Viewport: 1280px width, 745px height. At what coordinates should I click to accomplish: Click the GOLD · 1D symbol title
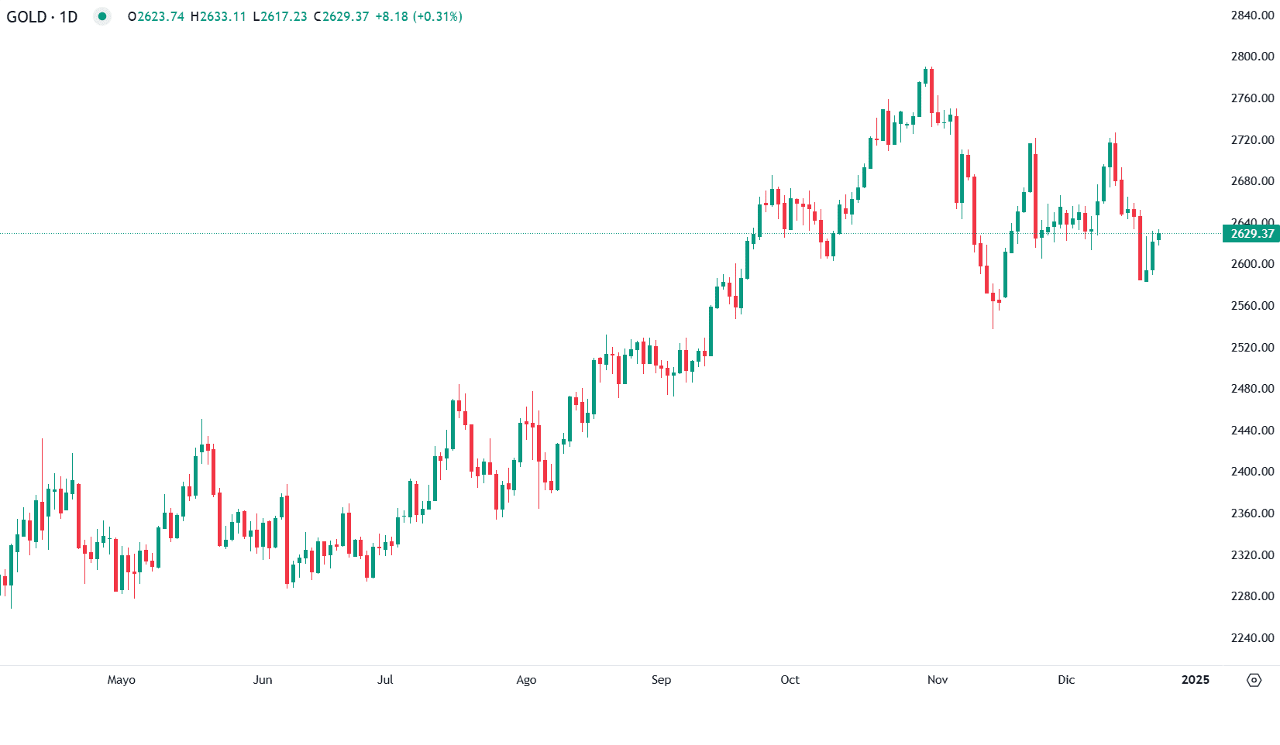pos(42,16)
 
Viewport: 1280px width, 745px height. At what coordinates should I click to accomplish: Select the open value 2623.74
pos(160,16)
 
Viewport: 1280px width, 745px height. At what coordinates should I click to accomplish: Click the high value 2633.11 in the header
pos(222,16)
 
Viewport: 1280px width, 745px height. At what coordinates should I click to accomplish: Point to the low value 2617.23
pos(284,16)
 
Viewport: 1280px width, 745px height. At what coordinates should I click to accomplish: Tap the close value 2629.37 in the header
pos(345,16)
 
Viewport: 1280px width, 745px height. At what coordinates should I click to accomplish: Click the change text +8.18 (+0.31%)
pos(418,16)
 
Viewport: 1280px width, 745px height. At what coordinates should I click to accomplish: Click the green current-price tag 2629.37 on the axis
pos(1251,234)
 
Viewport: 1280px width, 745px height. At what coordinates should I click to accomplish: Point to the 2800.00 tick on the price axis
pos(1252,57)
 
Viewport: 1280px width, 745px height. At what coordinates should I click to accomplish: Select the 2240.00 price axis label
pos(1252,638)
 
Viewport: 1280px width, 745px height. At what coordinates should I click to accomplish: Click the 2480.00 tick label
pos(1252,389)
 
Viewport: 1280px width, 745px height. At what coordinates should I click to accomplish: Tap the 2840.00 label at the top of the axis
pos(1252,15)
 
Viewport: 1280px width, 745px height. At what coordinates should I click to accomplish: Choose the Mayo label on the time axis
pos(122,680)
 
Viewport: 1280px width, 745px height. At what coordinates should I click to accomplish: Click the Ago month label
pos(526,680)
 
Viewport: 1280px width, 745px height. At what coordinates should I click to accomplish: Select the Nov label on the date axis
pos(938,680)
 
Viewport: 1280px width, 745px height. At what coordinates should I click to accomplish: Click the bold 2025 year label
pos(1195,680)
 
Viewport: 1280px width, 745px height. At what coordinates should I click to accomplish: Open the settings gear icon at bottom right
pos(1254,680)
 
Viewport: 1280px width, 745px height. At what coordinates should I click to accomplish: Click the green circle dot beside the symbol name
pos(102,16)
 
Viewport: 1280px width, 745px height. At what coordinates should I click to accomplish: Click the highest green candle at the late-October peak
pos(926,76)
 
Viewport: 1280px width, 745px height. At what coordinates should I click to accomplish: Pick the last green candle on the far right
pos(1158,237)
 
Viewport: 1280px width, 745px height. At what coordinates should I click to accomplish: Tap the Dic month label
pos(1066,680)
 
